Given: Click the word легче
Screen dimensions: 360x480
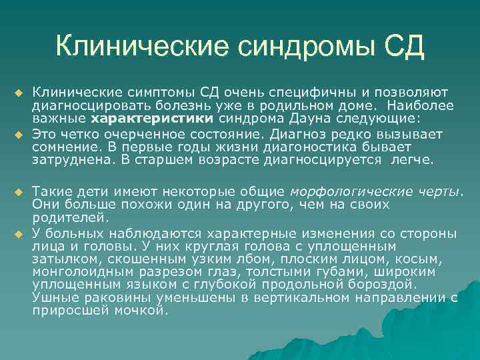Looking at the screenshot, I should tap(411, 160).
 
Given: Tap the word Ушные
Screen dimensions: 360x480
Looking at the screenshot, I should tap(51, 299).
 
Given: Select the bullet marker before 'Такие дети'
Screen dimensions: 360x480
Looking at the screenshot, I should tap(18, 191).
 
